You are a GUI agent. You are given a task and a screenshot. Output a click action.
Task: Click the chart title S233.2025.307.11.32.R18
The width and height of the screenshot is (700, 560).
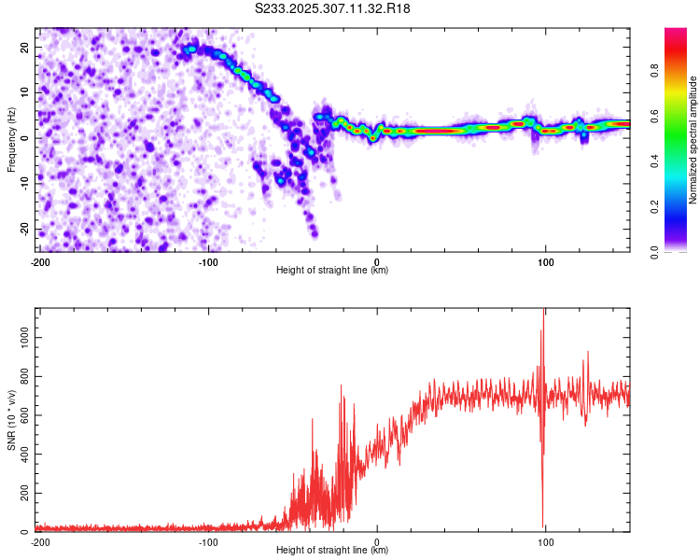click(x=332, y=8)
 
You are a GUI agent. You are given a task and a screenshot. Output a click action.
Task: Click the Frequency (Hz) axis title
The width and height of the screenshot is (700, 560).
click(x=12, y=139)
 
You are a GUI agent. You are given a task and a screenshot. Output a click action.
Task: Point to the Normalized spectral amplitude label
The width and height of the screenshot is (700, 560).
click(x=693, y=139)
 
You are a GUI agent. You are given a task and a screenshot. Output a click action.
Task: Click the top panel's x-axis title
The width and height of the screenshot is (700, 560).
click(x=332, y=270)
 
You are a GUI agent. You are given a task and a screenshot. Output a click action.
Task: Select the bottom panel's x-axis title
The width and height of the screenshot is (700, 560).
click(x=332, y=550)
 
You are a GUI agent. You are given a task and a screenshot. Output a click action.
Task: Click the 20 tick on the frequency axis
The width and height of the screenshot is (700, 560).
click(x=25, y=47)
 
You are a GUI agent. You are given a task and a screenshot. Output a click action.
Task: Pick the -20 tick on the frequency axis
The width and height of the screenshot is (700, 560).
click(x=23, y=230)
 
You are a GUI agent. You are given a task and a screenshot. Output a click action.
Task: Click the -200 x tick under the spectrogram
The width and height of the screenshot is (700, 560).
click(x=40, y=261)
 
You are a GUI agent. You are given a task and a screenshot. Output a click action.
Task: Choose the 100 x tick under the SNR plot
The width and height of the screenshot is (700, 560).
click(x=546, y=541)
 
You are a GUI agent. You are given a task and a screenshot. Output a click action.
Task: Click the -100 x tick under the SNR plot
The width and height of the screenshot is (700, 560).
click(x=208, y=541)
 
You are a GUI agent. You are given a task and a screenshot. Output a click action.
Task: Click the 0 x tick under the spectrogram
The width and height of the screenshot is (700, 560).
click(x=377, y=261)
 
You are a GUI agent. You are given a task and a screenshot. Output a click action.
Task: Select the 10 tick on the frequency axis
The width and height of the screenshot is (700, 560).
click(x=25, y=92)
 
